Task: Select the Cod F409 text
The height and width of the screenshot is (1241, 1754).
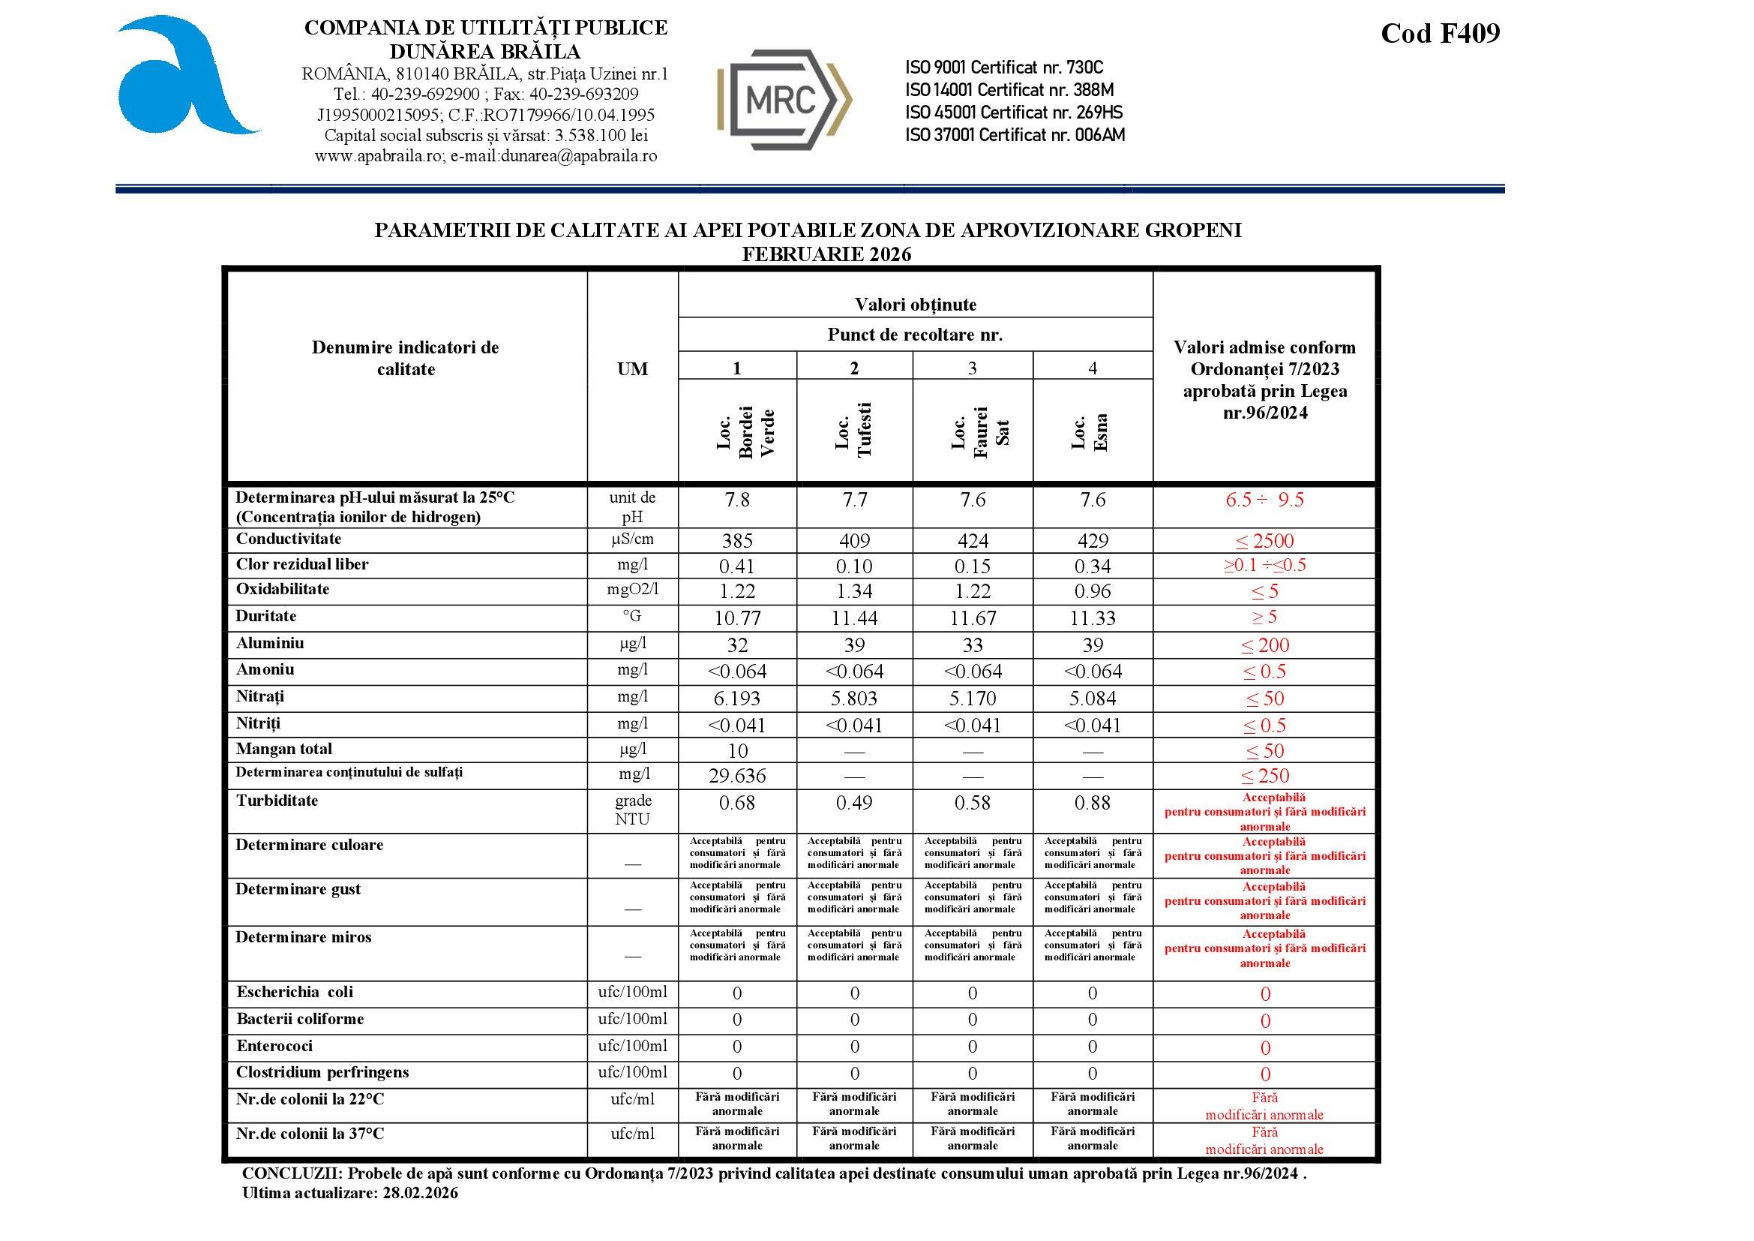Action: [1440, 34]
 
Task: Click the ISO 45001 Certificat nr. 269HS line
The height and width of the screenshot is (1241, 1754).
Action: [1014, 113]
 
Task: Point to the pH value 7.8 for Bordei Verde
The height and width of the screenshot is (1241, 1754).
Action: [737, 500]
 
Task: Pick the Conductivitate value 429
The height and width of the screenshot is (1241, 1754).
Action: [1093, 542]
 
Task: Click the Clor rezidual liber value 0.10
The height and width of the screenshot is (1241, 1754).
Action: [854, 567]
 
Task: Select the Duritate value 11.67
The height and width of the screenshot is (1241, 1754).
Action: [973, 619]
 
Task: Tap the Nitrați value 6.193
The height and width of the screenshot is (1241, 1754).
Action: [737, 699]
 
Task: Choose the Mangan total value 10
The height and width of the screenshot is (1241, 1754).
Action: [737, 751]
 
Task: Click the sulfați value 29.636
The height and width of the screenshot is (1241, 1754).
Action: [737, 777]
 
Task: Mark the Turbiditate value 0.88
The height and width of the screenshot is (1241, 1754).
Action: [1093, 804]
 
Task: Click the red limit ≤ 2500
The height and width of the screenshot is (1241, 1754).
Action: [1264, 542]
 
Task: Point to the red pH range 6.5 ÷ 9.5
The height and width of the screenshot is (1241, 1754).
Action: [1264, 500]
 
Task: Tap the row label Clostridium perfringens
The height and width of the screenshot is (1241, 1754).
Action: [322, 1073]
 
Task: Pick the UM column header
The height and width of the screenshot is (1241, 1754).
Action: [633, 370]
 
